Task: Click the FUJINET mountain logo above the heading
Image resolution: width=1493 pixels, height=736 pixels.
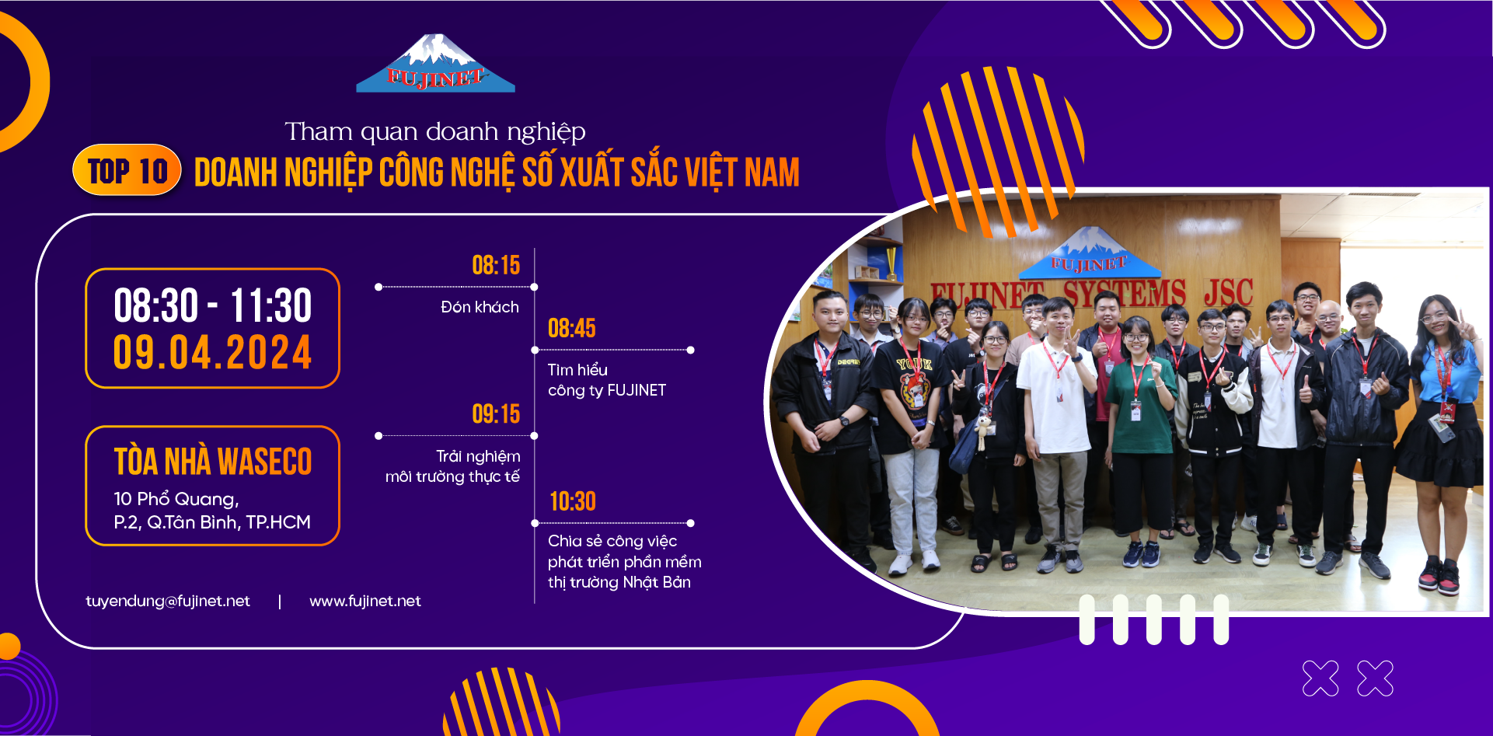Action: (435, 63)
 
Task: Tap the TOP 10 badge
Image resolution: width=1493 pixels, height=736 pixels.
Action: (127, 170)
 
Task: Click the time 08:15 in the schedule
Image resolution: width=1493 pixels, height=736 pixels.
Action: (496, 266)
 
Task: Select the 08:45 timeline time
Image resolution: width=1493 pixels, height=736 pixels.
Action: (572, 328)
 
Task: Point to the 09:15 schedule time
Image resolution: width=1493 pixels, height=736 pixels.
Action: (496, 414)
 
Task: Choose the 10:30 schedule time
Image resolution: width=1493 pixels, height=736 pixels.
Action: (573, 501)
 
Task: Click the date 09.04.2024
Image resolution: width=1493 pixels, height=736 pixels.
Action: (212, 353)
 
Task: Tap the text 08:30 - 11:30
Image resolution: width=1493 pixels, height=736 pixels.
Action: (212, 305)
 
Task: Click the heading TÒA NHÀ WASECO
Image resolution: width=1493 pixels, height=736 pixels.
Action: (213, 462)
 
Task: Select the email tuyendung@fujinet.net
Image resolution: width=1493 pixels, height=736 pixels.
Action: (168, 601)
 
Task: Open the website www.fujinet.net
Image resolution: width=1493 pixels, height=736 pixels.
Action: (365, 601)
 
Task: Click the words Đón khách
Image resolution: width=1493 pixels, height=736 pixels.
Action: (480, 307)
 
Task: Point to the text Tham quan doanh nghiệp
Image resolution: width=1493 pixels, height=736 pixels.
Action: (435, 132)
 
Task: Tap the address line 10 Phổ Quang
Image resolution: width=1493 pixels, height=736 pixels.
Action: (176, 498)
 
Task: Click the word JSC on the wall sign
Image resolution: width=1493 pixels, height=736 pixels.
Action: (1228, 293)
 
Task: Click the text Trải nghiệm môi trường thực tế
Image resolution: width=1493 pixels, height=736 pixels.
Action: (453, 466)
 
